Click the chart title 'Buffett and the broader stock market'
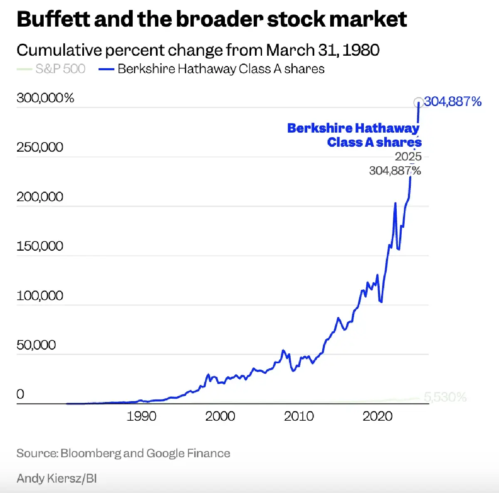click(x=212, y=19)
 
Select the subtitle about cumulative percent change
click(x=198, y=50)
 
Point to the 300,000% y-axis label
click(x=45, y=98)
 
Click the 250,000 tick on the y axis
click(x=40, y=147)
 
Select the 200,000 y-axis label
click(x=40, y=197)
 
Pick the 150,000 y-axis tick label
click(x=40, y=246)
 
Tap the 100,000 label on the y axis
click(x=40, y=296)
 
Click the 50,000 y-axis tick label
click(x=36, y=345)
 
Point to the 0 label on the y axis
click(x=20, y=394)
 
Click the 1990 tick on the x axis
click(x=141, y=416)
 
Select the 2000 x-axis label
click(x=220, y=416)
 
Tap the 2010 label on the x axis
click(x=299, y=416)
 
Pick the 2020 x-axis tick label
click(x=377, y=416)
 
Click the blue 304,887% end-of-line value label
click(x=453, y=101)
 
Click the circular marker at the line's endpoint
click(x=418, y=102)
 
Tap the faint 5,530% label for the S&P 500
click(x=445, y=397)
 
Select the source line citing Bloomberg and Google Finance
click(x=124, y=453)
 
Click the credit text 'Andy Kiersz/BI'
click(x=57, y=478)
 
